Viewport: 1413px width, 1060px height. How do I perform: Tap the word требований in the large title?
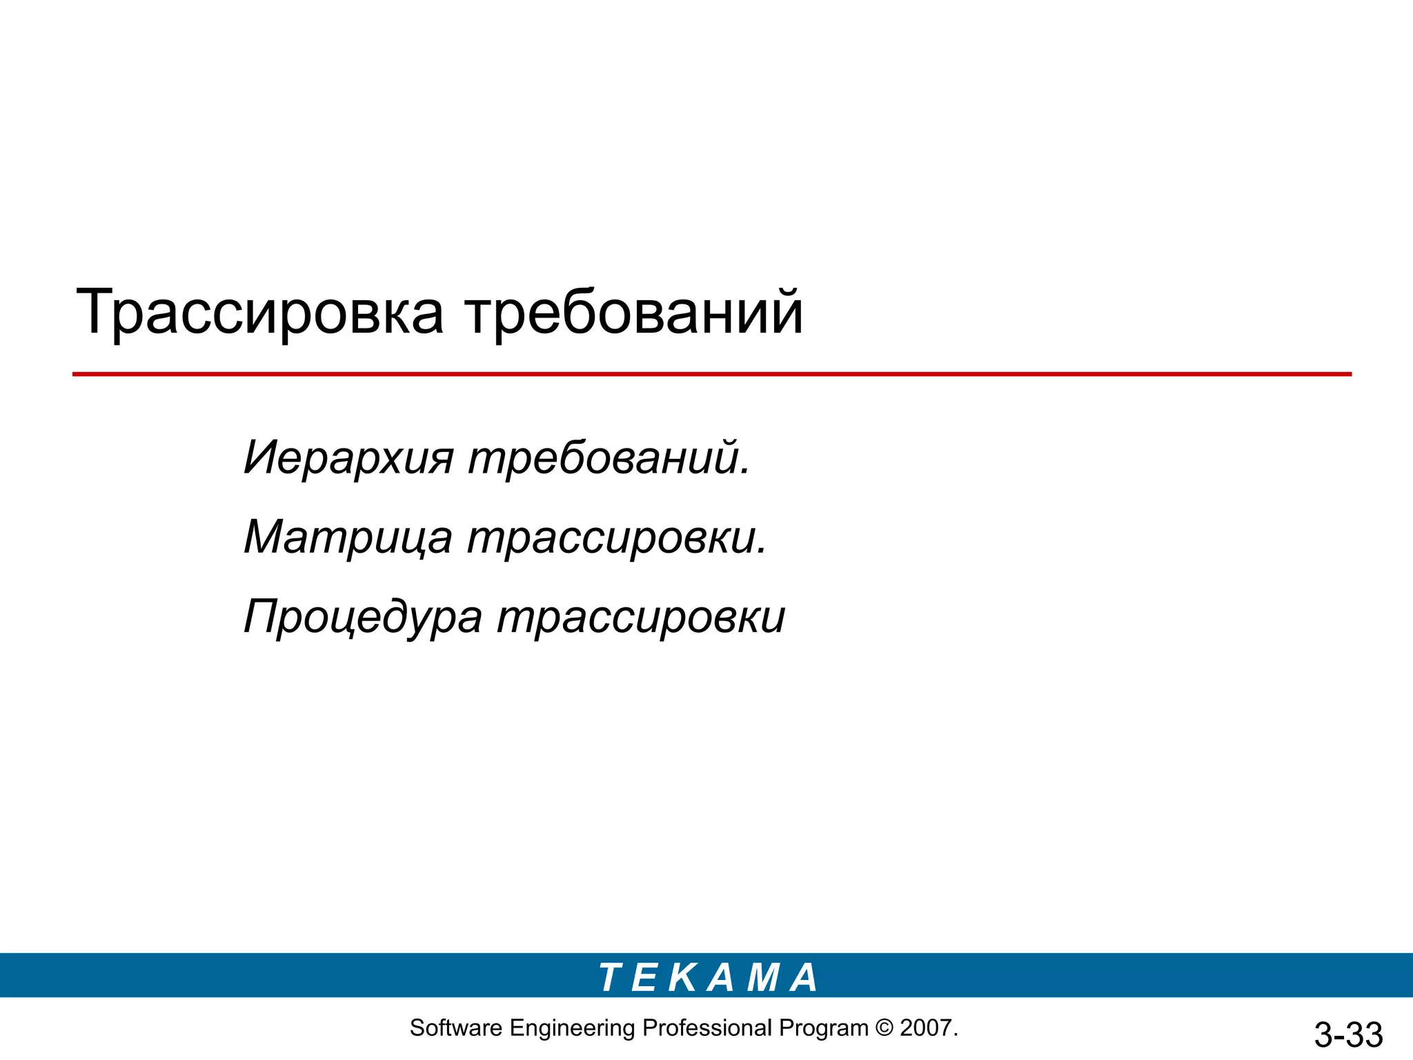tap(633, 313)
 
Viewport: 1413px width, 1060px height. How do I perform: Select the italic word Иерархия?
tap(348, 458)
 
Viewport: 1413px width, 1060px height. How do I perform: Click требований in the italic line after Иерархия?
tap(609, 458)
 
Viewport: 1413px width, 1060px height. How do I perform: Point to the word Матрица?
tap(348, 537)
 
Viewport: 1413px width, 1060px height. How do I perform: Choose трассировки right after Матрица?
tap(617, 537)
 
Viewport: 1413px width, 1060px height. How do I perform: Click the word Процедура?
tap(363, 616)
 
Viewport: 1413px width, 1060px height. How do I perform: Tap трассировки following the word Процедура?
tap(641, 616)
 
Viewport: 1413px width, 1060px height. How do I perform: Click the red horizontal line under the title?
tap(711, 374)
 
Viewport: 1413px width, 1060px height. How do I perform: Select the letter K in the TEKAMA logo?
tap(683, 977)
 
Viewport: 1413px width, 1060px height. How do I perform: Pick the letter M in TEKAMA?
tap(763, 977)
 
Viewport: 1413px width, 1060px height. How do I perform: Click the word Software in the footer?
tap(455, 1028)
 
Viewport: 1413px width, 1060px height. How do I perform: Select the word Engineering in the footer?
tap(571, 1028)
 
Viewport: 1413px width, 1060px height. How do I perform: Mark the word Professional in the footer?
tap(706, 1028)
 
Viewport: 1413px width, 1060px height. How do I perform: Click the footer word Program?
tap(823, 1028)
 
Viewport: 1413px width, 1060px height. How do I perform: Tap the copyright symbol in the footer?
tap(884, 1028)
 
